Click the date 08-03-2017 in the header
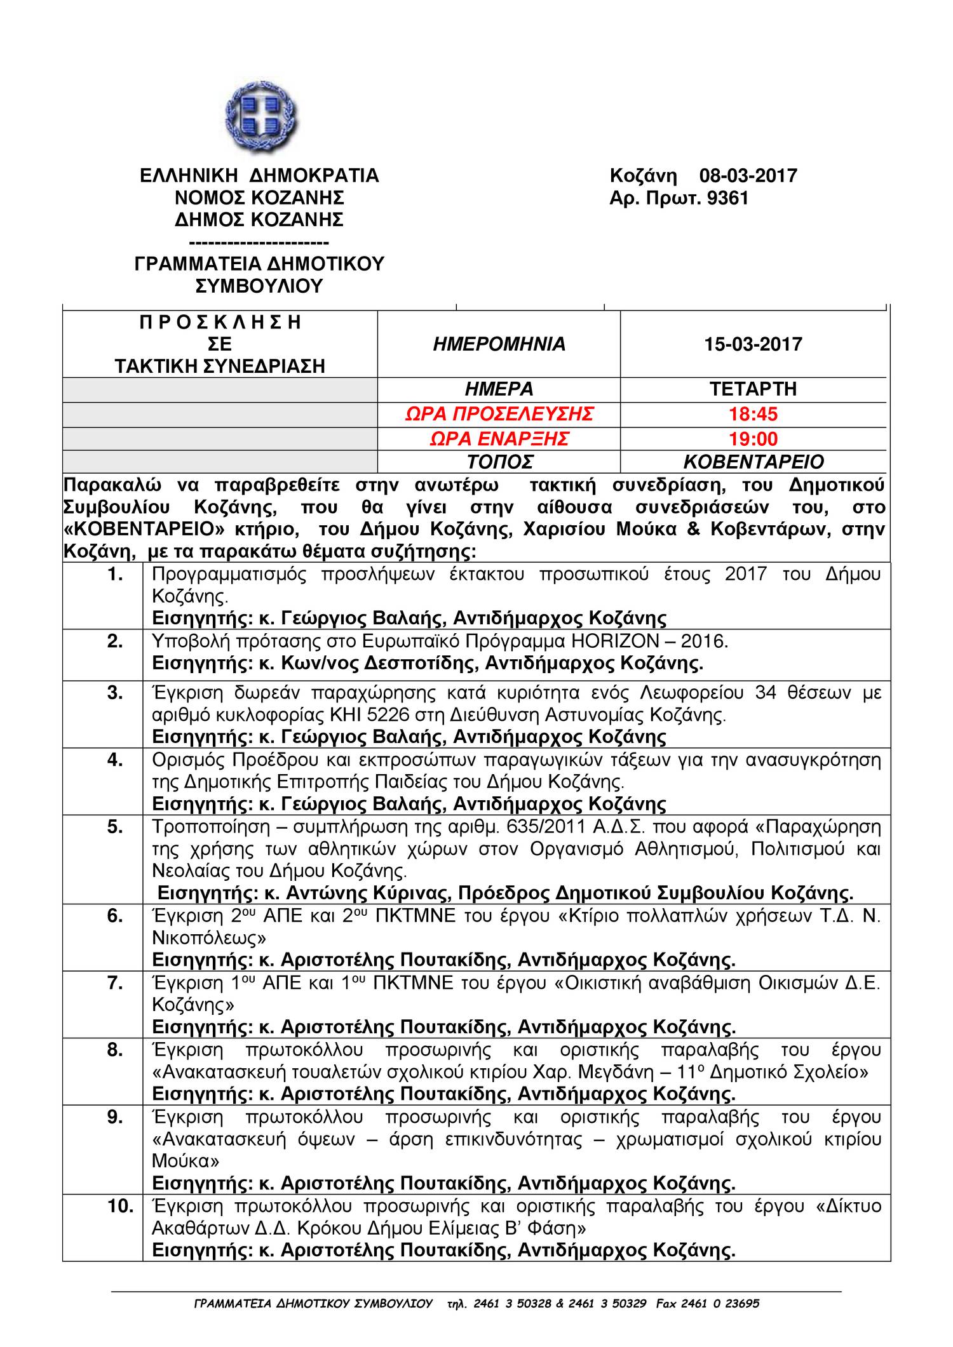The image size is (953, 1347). click(x=748, y=176)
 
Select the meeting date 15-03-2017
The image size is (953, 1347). click(x=753, y=344)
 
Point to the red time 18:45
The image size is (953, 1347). click(x=753, y=414)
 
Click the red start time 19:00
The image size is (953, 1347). click(x=753, y=438)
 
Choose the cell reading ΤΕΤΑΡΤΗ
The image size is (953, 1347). click(x=753, y=389)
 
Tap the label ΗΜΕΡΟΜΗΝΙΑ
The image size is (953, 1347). click(x=499, y=344)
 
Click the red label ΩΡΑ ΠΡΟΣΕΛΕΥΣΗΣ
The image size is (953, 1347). click(x=499, y=414)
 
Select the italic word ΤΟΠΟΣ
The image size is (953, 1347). click(x=499, y=462)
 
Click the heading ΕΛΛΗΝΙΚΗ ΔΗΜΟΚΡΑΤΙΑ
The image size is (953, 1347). click(x=259, y=176)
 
